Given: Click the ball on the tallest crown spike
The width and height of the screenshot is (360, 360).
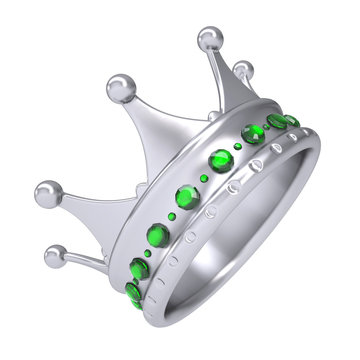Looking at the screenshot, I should pyautogui.click(x=209, y=39).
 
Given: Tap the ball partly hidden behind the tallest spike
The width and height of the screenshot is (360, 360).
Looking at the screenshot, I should pyautogui.click(x=241, y=70).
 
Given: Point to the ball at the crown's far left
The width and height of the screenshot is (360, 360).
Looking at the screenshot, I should pyautogui.click(x=47, y=193).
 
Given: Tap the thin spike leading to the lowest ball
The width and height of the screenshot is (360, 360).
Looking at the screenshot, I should pyautogui.click(x=90, y=262).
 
